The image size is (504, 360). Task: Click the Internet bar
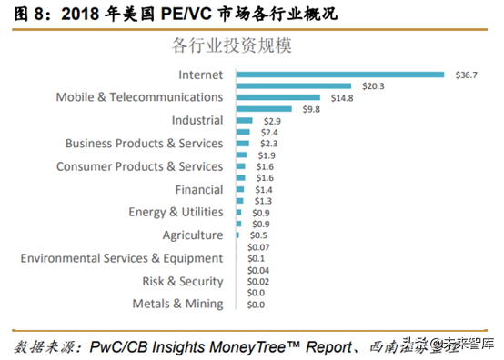[x=339, y=75]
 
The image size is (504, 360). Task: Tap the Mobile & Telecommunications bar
[x=278, y=97]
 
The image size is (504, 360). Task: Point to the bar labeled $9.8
[x=264, y=109]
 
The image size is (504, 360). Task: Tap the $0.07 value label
[x=260, y=246]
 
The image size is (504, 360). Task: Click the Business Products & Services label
[x=144, y=143]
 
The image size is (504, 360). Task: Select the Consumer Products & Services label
[x=139, y=166]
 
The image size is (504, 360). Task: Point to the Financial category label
[x=198, y=189]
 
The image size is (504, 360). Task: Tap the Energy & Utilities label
[x=176, y=212]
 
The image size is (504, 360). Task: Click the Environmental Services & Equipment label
[x=121, y=258]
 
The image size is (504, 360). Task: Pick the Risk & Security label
[x=182, y=281]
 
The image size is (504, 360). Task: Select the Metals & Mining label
[x=177, y=304]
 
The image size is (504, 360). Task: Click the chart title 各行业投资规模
[x=238, y=44]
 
